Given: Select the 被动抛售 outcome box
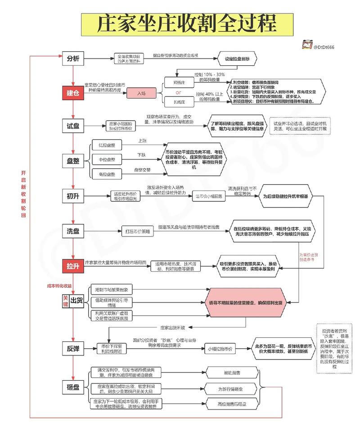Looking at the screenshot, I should pyautogui.click(x=231, y=373).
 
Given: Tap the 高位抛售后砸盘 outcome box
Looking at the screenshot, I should pyautogui.click(x=231, y=404).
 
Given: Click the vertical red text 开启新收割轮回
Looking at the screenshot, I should pyautogui.click(x=24, y=194).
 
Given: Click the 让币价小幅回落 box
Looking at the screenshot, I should pyautogui.click(x=208, y=196).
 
